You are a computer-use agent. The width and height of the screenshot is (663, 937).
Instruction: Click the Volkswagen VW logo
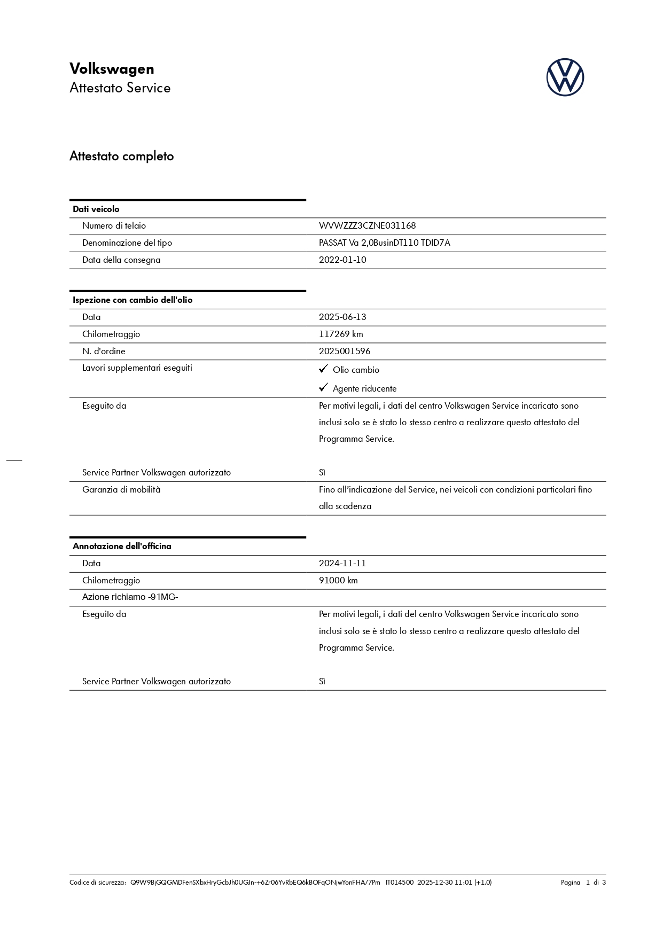point(565,77)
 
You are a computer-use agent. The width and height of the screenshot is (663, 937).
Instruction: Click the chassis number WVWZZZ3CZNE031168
point(367,226)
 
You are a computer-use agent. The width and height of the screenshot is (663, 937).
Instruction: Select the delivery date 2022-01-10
point(342,260)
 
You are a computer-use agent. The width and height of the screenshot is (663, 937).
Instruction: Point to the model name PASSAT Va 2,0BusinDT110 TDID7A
point(384,243)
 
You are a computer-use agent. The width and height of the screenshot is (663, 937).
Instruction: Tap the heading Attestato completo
point(122,157)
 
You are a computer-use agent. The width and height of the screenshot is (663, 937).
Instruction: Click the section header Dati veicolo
point(96,209)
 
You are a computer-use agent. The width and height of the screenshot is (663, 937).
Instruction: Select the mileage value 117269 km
point(341,334)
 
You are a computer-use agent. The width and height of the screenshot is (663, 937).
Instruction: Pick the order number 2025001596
point(345,352)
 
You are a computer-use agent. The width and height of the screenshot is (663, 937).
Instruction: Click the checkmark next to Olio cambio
point(323,369)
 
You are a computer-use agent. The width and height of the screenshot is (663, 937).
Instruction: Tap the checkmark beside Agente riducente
point(323,388)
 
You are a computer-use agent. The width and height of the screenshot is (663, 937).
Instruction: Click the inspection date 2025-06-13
point(342,317)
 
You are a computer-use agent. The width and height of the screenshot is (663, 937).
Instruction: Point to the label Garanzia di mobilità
point(121,490)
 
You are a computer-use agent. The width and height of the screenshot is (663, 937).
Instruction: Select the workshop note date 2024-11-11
point(342,564)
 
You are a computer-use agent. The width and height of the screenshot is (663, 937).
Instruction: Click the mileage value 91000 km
point(338,581)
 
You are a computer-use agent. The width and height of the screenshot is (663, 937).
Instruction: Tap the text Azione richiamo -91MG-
point(130,597)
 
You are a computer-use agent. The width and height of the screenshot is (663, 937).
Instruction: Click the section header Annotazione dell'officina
point(122,546)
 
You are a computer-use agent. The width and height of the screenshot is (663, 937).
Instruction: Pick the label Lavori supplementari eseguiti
point(137,368)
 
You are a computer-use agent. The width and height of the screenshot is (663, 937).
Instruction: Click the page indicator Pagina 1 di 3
point(583,883)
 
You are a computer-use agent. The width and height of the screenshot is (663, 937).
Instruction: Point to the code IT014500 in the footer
point(399,883)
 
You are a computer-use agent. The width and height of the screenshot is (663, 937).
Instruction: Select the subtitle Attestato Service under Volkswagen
point(120,88)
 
